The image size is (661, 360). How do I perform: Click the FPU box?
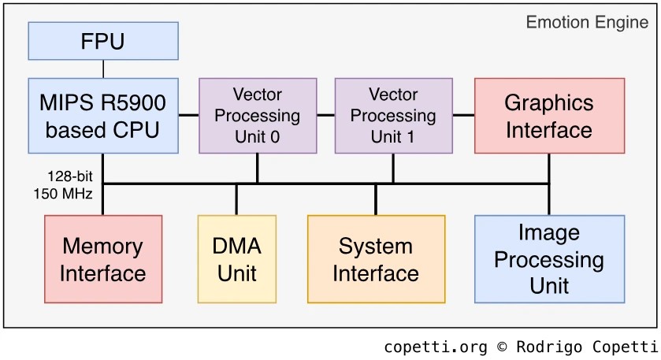[103, 41]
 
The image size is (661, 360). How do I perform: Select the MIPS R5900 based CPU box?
[103, 115]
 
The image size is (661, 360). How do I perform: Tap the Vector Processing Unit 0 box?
[258, 115]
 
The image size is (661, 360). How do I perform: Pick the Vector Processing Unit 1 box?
[393, 115]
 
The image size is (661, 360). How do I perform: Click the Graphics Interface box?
[549, 115]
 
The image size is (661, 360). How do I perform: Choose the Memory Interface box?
[103, 259]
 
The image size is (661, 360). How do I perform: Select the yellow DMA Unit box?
[237, 259]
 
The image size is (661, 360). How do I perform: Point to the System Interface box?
[376, 259]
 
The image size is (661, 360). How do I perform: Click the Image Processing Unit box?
[549, 259]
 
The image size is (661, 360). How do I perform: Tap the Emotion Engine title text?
[587, 22]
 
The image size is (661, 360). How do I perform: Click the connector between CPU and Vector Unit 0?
[188, 115]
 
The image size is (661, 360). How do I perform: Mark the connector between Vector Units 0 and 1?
[325, 115]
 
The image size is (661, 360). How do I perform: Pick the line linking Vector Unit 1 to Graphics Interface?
[463, 115]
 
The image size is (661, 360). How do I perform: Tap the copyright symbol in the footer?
[502, 347]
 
